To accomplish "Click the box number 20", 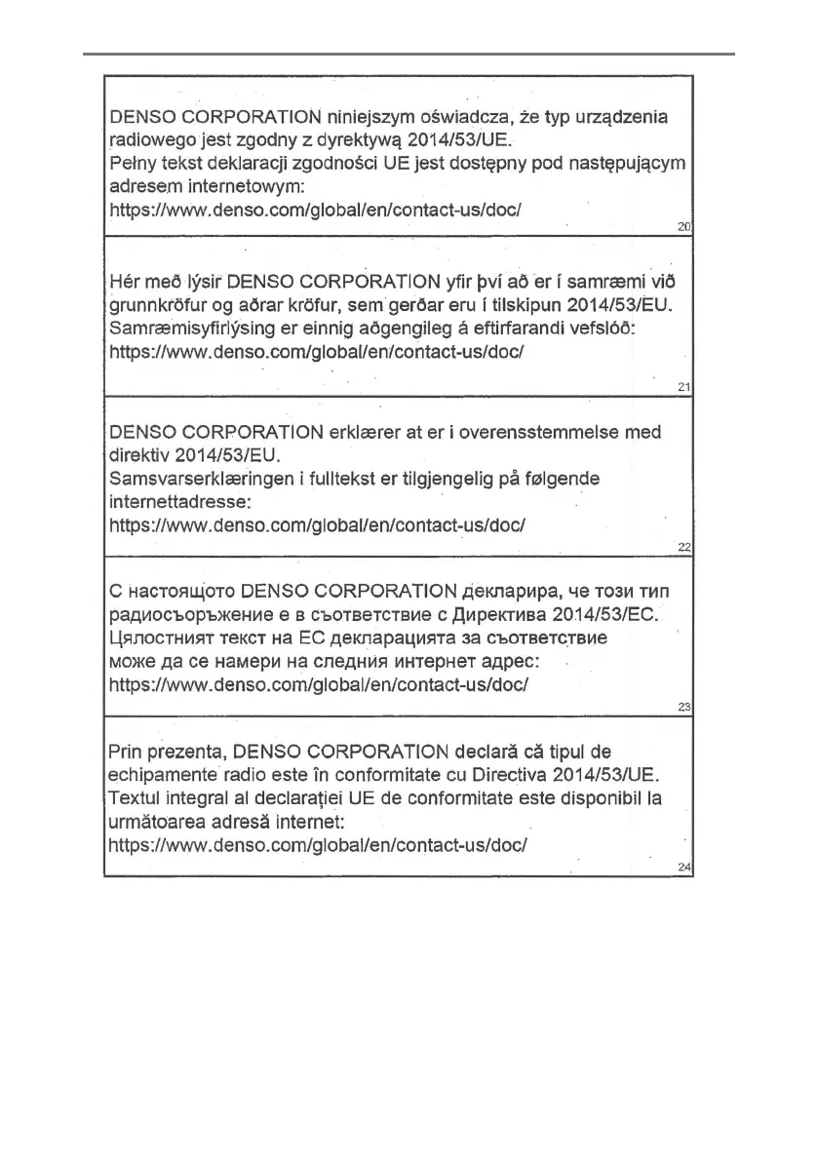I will point(683,227).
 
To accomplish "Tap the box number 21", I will point(683,388).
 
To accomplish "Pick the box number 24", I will point(683,867).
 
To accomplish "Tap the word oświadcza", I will point(471,118).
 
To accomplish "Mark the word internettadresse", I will point(180,501).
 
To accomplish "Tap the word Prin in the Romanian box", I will point(129,753).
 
